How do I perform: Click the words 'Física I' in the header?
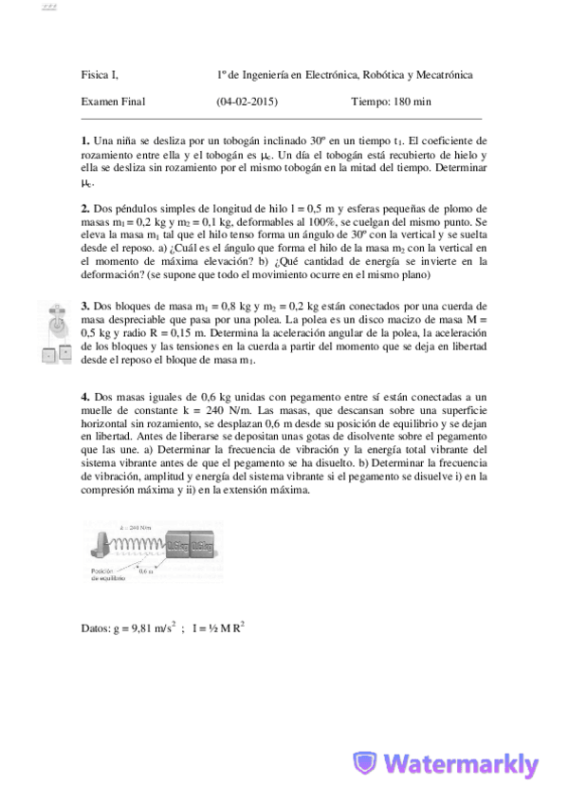pyautogui.click(x=99, y=74)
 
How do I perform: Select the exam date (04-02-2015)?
pyautogui.click(x=247, y=102)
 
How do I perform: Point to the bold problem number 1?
pyautogui.click(x=85, y=140)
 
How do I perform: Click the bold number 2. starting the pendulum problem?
pyautogui.click(x=85, y=208)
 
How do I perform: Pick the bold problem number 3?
pyautogui.click(x=85, y=307)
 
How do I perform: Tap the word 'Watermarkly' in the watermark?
pyautogui.click(x=462, y=765)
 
